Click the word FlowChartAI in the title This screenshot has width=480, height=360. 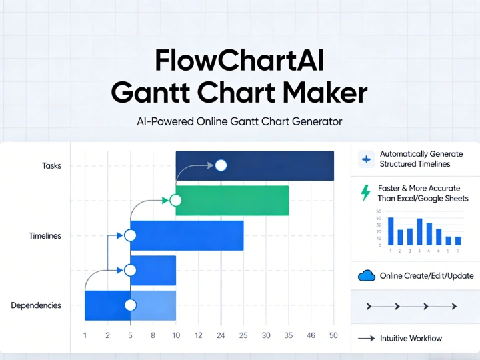coord(239,61)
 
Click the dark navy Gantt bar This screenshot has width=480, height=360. coord(280,165)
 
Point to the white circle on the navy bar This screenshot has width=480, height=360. coord(221,165)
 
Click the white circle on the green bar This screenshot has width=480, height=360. coord(176,200)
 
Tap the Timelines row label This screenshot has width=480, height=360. coord(45,235)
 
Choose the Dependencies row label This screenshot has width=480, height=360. coord(36,305)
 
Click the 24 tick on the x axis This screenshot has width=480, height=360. coord(221,335)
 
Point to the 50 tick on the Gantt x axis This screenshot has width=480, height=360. coord(333,335)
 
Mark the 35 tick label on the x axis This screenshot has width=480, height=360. coord(289,335)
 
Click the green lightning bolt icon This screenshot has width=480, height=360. coord(365,193)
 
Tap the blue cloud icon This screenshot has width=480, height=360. coord(366,276)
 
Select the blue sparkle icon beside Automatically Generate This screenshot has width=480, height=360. coord(366,159)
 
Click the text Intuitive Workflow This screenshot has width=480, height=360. coord(411,339)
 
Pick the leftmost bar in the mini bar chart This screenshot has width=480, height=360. coord(391,231)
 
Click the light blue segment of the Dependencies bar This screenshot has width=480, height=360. coord(153,305)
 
